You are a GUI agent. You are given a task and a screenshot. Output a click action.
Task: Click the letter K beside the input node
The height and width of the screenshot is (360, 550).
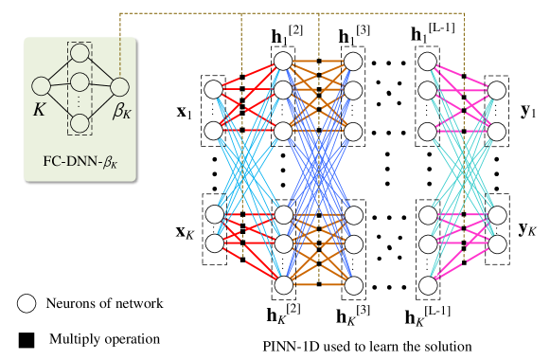pos(39,110)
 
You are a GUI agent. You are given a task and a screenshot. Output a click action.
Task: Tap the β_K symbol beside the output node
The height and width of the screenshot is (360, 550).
pos(123,111)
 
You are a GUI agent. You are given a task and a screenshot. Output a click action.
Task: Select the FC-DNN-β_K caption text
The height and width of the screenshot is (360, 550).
pos(80,161)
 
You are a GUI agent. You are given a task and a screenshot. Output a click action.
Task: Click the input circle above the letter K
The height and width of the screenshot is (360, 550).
pos(41,86)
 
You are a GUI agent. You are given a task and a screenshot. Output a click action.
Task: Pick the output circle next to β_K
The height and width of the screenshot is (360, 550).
pos(119,87)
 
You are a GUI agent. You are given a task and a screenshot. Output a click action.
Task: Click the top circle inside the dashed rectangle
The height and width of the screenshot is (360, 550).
pos(80,53)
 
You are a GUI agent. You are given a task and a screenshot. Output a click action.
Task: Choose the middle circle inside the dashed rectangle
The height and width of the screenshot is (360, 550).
pos(80,82)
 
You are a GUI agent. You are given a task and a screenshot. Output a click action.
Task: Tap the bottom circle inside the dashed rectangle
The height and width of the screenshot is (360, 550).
pos(80,123)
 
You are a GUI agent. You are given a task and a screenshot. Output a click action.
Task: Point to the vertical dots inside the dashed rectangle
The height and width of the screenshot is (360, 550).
pos(80,102)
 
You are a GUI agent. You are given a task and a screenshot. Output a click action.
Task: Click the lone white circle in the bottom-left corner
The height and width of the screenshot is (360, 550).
pos(27,303)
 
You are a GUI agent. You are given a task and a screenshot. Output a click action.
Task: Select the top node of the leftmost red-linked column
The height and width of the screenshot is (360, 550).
pos(214,89)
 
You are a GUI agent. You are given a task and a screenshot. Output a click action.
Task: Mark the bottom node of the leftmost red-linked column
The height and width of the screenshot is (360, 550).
pos(215,243)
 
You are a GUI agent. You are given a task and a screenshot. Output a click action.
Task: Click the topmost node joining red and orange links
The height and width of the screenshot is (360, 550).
pos(283,61)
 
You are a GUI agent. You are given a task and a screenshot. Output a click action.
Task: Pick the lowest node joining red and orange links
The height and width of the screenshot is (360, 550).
pos(283,284)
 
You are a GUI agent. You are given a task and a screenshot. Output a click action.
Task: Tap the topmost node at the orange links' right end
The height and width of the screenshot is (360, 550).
pos(353,62)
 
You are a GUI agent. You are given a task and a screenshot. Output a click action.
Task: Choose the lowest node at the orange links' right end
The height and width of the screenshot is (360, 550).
pos(353,284)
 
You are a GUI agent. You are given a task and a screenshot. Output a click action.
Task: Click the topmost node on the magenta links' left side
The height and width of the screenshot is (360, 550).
pos(427,62)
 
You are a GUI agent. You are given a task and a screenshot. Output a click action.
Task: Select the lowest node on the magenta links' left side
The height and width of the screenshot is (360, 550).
pos(428,285)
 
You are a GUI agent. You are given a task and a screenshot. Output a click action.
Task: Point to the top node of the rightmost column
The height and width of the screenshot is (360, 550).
pos(497,90)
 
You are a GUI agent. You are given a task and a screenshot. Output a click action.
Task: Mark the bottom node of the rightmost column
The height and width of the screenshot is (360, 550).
pos(497,244)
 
